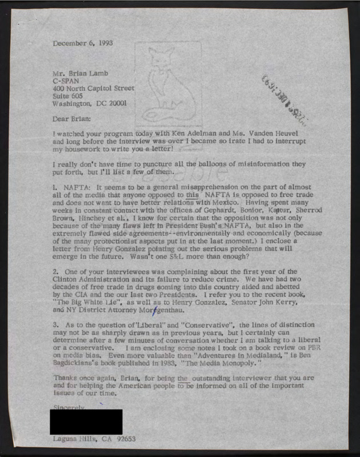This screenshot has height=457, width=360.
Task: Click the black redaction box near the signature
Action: (86, 422)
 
